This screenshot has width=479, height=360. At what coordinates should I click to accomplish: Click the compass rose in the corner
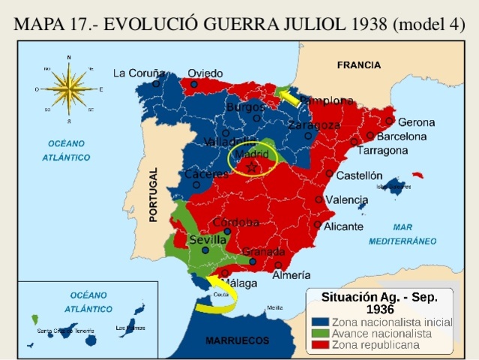[x=68, y=88]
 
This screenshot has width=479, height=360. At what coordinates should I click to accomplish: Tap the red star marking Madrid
[x=252, y=166]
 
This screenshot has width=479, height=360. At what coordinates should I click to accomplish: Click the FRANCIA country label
[x=358, y=65]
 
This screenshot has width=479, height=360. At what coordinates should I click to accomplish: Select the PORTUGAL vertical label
[x=153, y=194]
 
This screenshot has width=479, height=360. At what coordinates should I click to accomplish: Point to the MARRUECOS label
[x=238, y=340]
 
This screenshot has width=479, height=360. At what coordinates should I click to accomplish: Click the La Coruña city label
[x=139, y=73]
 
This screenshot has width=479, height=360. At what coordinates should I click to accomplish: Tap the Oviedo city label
[x=205, y=73]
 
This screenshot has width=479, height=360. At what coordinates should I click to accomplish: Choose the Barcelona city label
[x=402, y=136]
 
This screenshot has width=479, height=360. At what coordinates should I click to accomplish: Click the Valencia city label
[x=347, y=199]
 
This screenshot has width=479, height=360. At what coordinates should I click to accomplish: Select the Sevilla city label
[x=208, y=239]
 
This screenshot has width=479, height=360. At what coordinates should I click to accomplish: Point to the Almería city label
[x=291, y=275]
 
